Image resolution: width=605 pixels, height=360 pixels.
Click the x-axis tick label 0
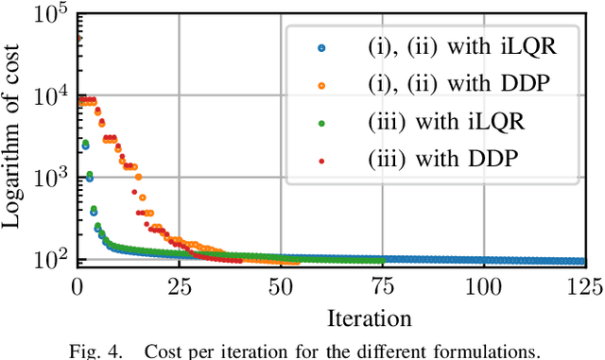78,284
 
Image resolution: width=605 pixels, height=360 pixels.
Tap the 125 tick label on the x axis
584,284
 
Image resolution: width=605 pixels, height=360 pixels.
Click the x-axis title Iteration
330,316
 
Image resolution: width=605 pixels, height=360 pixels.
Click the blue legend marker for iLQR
320,46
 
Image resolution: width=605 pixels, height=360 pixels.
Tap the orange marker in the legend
320,84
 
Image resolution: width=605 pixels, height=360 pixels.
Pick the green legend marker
320,123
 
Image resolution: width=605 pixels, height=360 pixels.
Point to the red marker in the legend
320,161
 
